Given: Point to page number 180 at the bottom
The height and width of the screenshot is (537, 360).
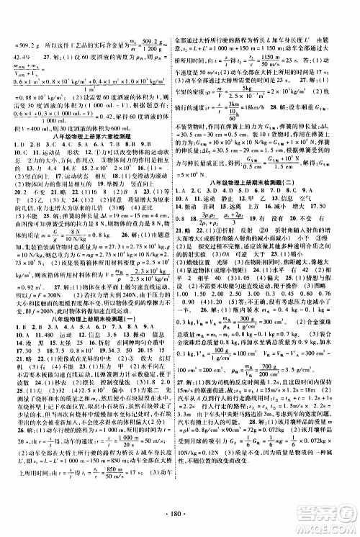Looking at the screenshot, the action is pyautogui.click(x=180, y=516).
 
